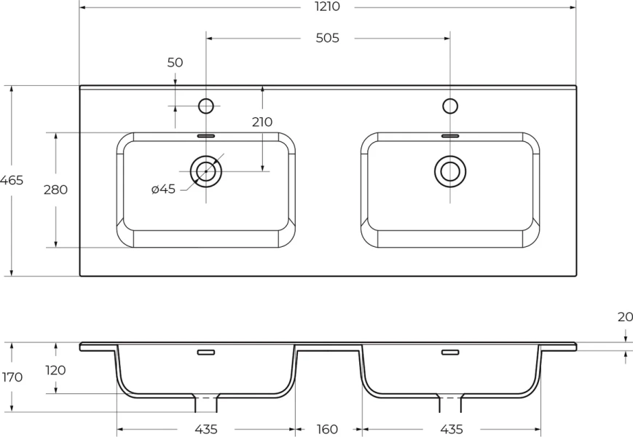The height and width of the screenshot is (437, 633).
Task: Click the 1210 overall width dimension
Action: point(327,7)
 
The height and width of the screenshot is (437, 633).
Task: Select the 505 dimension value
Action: point(327,38)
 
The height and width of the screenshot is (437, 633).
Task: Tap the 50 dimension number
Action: point(175,63)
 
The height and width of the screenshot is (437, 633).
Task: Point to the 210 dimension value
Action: point(262,122)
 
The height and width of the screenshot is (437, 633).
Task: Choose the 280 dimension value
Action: point(55,190)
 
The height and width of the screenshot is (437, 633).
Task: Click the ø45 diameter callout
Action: point(163,189)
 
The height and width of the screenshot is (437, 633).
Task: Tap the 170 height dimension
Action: point(12,377)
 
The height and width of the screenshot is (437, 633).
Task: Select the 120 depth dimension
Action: point(55,370)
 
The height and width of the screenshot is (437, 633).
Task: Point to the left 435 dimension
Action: point(205,429)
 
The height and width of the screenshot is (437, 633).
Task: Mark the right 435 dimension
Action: point(451,429)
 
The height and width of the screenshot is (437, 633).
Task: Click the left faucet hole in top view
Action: point(206,106)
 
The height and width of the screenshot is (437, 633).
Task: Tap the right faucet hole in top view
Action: point(450,106)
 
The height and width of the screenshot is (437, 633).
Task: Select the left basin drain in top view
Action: point(206,170)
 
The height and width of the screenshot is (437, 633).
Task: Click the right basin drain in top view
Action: point(450,170)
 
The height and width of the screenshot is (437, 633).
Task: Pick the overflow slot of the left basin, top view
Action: point(206,135)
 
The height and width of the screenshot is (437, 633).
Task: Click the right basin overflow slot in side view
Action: point(450,353)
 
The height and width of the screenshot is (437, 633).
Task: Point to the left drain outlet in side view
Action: point(206,403)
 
